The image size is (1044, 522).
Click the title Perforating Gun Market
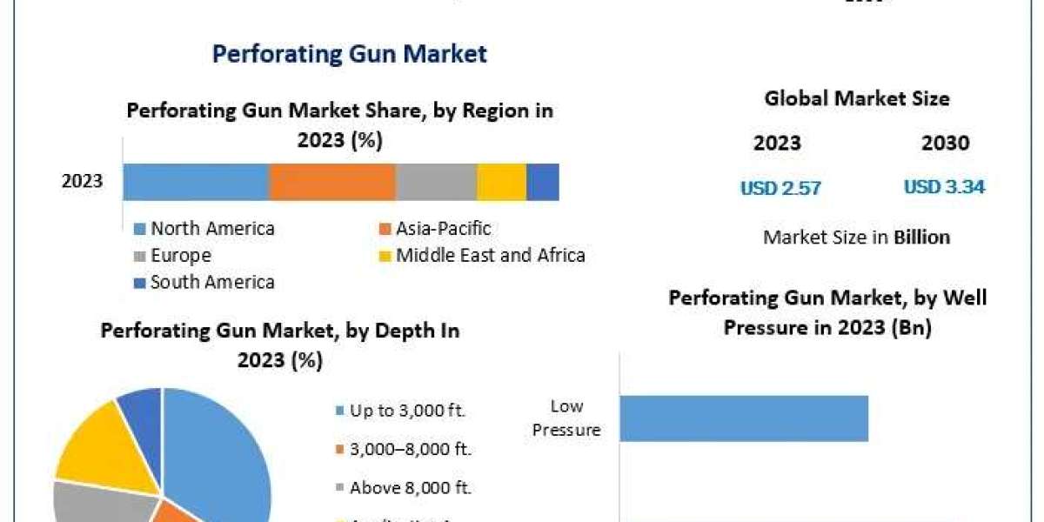350,54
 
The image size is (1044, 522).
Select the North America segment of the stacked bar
196,182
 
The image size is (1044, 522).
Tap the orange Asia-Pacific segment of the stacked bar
332,182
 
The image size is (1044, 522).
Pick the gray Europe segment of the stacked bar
436,182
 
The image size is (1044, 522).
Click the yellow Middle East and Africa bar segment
501,182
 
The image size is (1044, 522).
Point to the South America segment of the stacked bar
543,182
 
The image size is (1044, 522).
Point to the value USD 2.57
780,187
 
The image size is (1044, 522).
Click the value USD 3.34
944,187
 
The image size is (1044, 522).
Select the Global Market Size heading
857,99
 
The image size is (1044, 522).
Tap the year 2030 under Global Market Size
945,144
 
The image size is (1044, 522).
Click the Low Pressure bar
744,418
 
